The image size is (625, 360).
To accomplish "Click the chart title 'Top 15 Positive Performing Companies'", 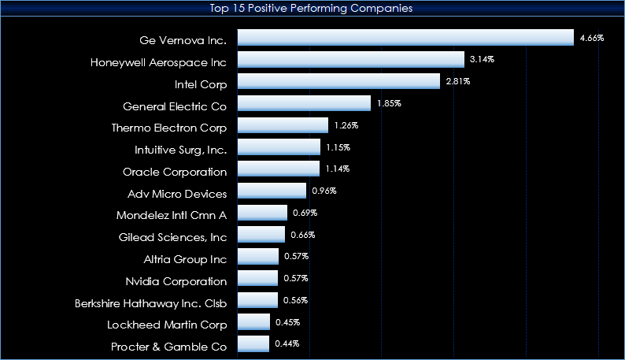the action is tap(311, 8).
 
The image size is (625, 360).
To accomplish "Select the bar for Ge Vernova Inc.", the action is tap(405, 38).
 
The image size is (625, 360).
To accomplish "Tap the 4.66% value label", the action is tap(592, 38).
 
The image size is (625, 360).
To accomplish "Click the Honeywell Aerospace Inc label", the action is tap(158, 62).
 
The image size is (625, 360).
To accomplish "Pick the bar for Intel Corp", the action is tap(338, 81).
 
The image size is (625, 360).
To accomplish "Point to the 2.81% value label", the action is tap(458, 81).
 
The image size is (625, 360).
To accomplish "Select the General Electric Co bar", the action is tap(304, 103).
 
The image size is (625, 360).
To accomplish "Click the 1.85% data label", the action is tap(389, 103).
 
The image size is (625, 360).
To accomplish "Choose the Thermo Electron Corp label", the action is tap(169, 128).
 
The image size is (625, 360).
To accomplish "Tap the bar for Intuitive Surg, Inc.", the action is tap(279, 147).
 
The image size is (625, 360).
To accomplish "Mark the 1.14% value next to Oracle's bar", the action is tap(337, 169).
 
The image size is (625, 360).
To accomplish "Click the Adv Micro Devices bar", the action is tap(272, 191).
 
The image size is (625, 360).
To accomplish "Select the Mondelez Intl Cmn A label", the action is tap(172, 216).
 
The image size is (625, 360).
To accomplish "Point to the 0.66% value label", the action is tap(303, 235).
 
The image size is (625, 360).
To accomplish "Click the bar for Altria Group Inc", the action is tap(258, 256).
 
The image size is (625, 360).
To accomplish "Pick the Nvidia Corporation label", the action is tap(176, 282).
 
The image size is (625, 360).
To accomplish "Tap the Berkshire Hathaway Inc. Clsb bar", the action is tap(258, 300).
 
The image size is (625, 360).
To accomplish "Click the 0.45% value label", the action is tap(288, 322).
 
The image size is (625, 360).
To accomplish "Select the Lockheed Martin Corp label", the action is tap(167, 325).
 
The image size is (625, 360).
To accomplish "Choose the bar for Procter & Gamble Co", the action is tap(253, 343).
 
